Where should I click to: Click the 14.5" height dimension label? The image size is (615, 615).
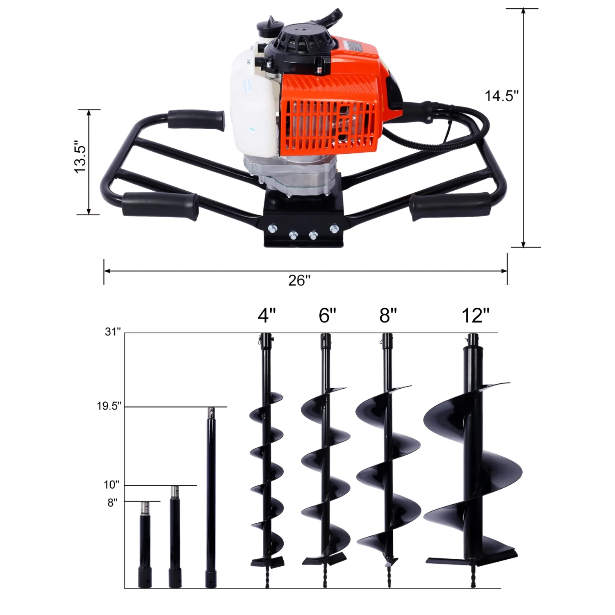[x=501, y=96]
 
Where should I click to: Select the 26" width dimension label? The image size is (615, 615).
[x=299, y=281]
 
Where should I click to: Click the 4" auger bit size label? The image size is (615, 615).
[x=266, y=316]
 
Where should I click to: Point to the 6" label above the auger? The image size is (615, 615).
[x=327, y=316]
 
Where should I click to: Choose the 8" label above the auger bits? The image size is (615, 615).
[x=388, y=316]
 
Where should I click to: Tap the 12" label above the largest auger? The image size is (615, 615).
[x=475, y=316]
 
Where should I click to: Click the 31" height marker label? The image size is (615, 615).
[x=112, y=332]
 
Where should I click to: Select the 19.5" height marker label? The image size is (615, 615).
[x=109, y=406]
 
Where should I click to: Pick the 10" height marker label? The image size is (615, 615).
[x=111, y=485]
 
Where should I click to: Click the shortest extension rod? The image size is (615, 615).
[x=144, y=545]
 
